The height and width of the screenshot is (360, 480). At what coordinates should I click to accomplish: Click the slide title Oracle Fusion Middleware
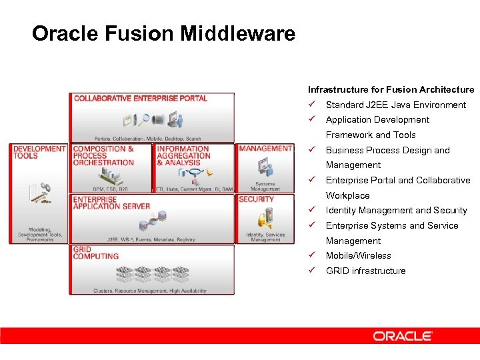click(x=163, y=33)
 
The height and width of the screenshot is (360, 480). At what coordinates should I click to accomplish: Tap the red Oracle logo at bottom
click(x=403, y=336)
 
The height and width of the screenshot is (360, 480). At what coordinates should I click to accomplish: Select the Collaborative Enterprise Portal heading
click(x=141, y=99)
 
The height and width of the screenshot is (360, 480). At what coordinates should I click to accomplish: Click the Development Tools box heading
click(x=39, y=152)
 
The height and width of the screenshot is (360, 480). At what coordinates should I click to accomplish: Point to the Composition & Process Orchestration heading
click(x=103, y=155)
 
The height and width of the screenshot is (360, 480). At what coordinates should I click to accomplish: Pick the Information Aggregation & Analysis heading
click(x=183, y=155)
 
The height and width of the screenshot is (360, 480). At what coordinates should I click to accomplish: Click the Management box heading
click(x=265, y=149)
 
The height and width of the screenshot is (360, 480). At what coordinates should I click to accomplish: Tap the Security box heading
click(x=257, y=199)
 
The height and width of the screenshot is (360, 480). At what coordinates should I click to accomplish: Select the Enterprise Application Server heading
click(x=111, y=203)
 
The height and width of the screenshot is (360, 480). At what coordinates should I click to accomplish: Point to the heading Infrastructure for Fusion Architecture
click(x=391, y=89)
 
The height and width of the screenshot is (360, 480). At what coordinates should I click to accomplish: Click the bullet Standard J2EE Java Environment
click(x=396, y=105)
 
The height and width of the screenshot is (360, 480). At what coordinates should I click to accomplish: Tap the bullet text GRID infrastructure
click(x=365, y=271)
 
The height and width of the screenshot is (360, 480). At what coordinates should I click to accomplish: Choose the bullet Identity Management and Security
click(x=397, y=210)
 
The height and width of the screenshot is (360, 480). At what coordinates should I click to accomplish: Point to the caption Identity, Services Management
click(x=265, y=237)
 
